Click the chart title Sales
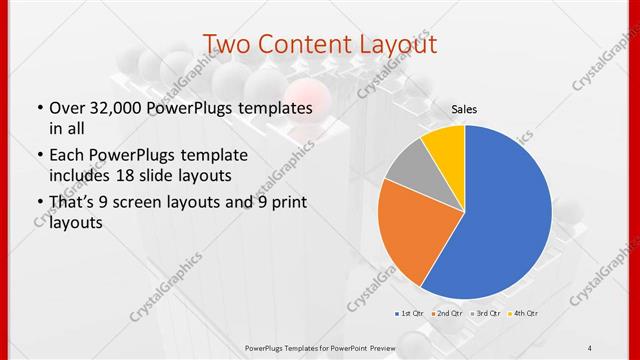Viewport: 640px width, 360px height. click(463, 108)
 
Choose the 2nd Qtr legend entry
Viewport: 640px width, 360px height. click(446, 313)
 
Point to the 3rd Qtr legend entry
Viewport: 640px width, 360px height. click(485, 313)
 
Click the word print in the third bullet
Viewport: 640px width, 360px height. click(284, 203)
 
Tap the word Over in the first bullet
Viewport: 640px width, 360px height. click(65, 107)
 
